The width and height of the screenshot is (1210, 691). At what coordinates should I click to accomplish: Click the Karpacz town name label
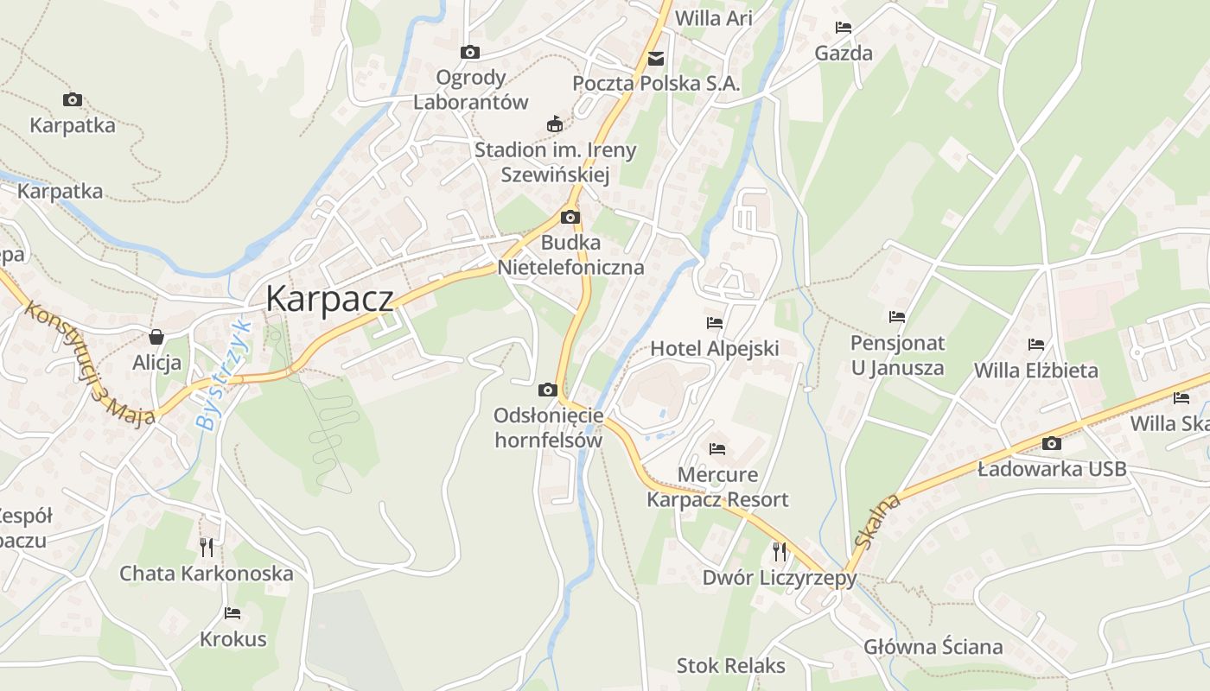pos(329,299)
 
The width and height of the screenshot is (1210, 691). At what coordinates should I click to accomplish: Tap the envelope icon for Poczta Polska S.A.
pos(657,59)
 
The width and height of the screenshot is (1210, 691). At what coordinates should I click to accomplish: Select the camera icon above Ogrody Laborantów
pos(470,53)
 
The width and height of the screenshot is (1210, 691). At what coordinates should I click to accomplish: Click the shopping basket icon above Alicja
pos(156,336)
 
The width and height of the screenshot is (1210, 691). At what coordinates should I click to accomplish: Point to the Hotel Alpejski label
pos(714,349)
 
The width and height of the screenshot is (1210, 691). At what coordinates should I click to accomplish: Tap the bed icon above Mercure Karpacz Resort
pos(717,449)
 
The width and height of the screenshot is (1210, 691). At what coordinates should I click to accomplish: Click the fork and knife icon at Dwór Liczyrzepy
pos(780,551)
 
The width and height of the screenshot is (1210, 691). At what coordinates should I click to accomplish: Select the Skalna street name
pos(876,521)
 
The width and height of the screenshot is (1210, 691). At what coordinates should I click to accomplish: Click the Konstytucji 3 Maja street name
pos(89,364)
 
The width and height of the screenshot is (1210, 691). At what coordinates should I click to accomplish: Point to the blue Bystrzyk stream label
pos(222,377)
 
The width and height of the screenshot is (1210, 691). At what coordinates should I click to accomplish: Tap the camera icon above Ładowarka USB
pos(1052,444)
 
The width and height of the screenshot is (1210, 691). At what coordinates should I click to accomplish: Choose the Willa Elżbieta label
pos(1035,371)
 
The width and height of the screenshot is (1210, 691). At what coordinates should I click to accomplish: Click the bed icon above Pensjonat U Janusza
pos(897,317)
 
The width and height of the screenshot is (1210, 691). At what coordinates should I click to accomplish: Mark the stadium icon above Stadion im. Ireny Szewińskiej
pos(555,124)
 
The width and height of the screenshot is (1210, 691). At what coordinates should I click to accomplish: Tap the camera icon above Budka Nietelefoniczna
pos(570,218)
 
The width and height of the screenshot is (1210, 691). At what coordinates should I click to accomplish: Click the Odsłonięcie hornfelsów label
pos(548,428)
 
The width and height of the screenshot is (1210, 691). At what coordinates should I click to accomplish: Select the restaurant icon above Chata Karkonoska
pos(207,548)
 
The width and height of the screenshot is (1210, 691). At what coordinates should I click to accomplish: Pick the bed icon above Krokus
pos(232,613)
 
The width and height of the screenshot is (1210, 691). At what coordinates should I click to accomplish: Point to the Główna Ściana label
pos(933,647)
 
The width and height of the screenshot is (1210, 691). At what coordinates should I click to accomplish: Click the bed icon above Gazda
pos(844,28)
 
